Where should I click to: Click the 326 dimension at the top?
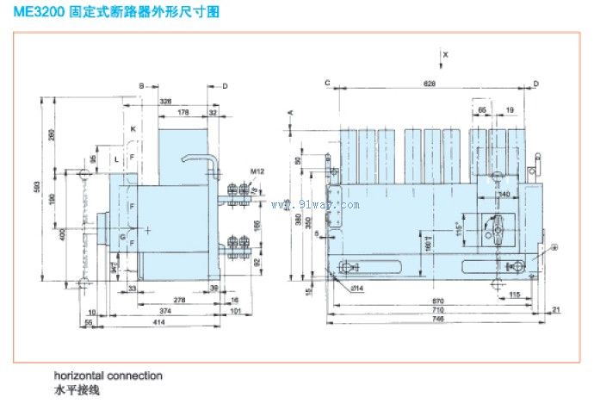click(165, 101)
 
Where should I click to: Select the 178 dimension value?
click(182, 112)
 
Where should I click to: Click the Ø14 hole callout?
click(355, 286)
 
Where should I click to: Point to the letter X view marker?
click(446, 53)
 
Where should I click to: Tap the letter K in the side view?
click(133, 128)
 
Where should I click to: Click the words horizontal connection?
click(108, 376)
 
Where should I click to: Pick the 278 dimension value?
click(179, 300)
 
